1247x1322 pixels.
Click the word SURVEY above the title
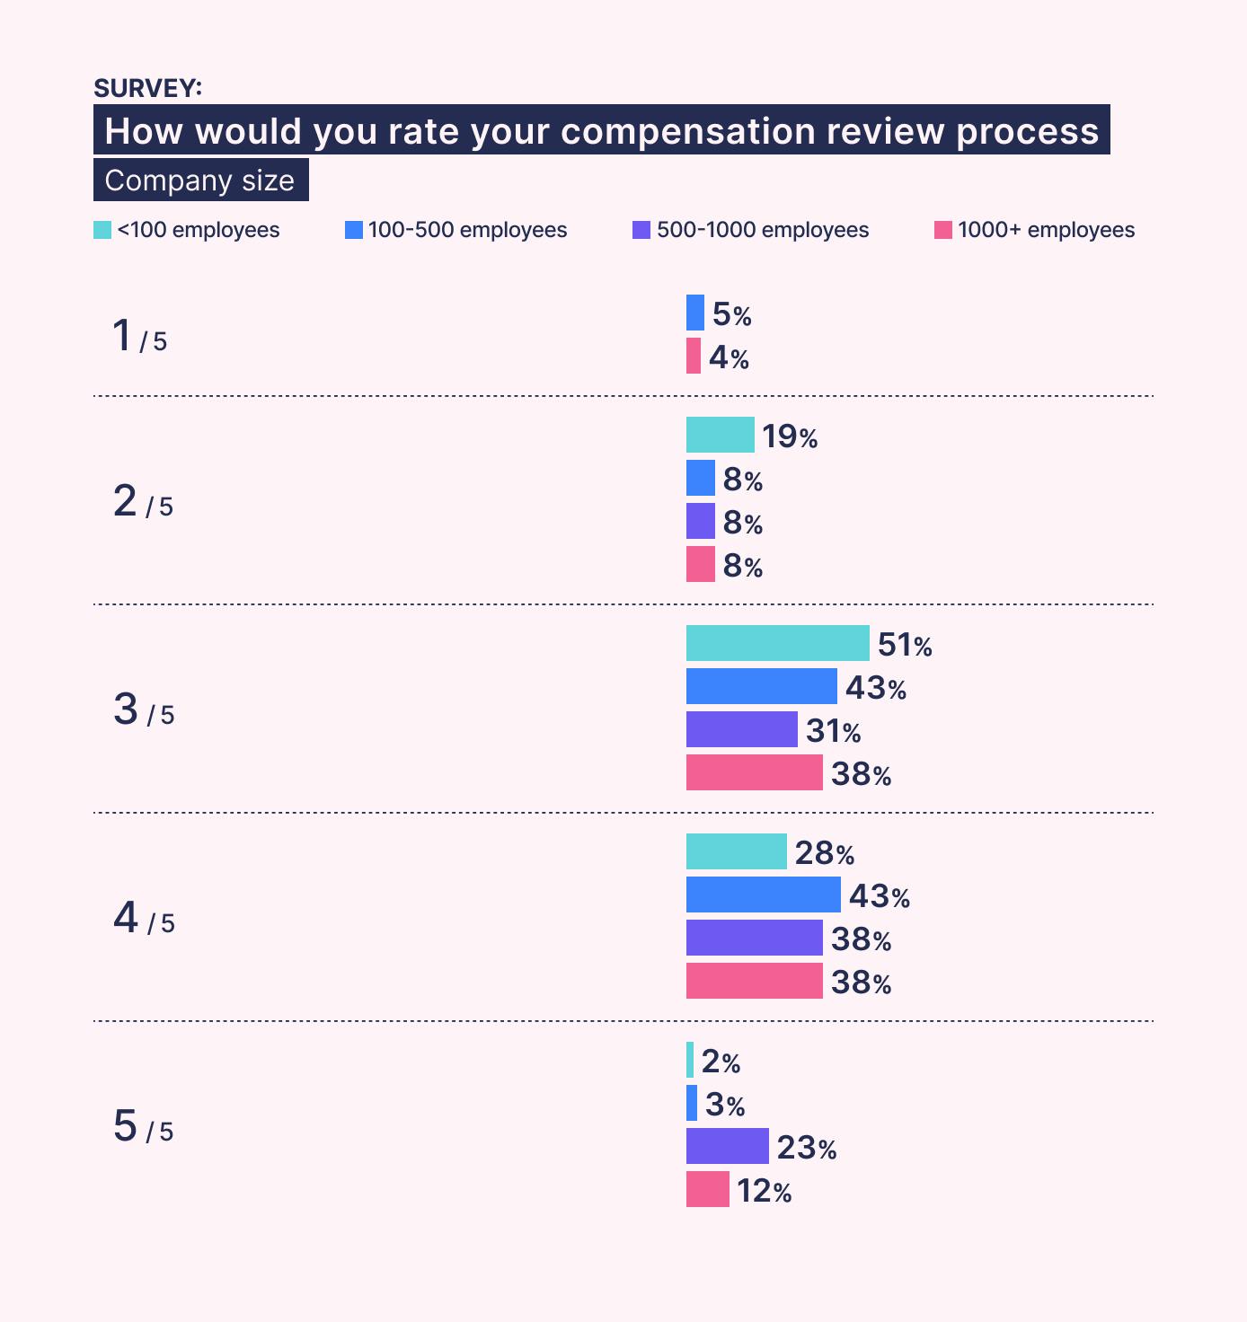click(x=147, y=88)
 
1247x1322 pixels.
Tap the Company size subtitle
click(x=200, y=181)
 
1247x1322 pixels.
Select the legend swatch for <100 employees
click(x=102, y=230)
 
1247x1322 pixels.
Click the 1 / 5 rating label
click(x=139, y=337)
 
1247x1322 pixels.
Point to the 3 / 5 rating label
click(x=143, y=710)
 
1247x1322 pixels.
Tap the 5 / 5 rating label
click(x=143, y=1127)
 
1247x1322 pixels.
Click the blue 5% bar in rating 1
click(x=694, y=313)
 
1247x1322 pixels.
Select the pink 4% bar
click(x=693, y=356)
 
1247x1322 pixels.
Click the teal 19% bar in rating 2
click(x=720, y=435)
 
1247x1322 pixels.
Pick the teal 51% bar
click(x=777, y=643)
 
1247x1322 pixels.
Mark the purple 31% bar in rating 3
click(x=741, y=729)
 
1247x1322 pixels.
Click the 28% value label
click(x=824, y=852)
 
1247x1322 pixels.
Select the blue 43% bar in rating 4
click(x=763, y=895)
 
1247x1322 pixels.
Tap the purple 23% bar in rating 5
click(x=727, y=1146)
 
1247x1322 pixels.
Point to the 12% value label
click(x=764, y=1191)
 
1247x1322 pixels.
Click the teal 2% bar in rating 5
click(x=690, y=1060)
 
